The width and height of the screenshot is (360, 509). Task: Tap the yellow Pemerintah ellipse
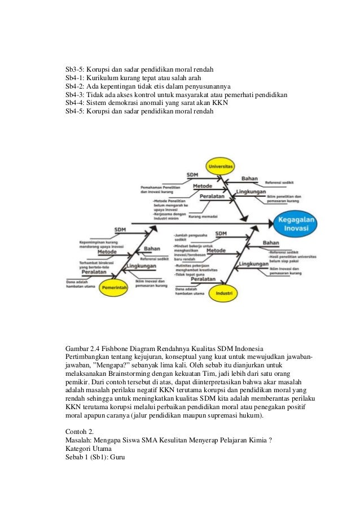click(x=116, y=288)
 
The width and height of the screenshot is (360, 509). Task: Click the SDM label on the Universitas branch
click(x=192, y=175)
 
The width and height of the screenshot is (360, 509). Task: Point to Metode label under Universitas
click(x=203, y=186)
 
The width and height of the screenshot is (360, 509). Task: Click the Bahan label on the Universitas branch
click(x=249, y=179)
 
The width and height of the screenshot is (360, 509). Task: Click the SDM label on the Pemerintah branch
click(x=120, y=230)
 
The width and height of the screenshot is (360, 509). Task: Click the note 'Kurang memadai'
click(x=203, y=217)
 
